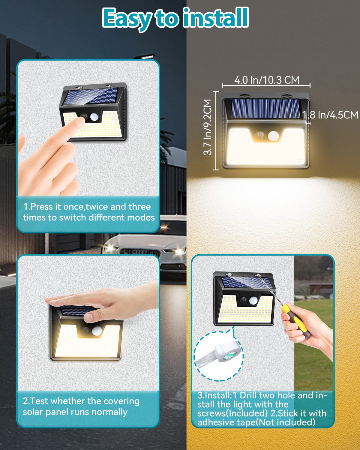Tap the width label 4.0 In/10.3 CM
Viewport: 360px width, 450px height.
[x=267, y=80]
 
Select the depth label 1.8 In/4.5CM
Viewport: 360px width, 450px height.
[x=330, y=115]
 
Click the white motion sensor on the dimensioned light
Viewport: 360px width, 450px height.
[x=273, y=136]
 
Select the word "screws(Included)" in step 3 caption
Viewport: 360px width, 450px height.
[x=232, y=413]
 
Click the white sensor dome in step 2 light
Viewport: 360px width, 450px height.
[x=96, y=331]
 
